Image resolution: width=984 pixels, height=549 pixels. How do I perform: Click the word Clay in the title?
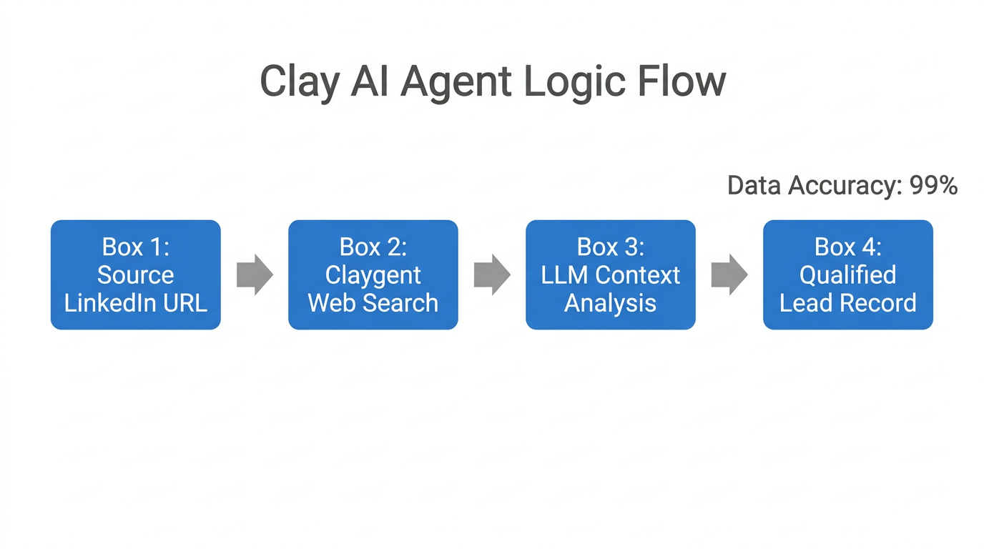coord(299,81)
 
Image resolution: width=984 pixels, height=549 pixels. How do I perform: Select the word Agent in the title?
coord(456,81)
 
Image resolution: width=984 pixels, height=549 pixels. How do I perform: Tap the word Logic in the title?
coord(574,81)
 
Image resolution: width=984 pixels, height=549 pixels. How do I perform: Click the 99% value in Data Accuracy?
coord(933,186)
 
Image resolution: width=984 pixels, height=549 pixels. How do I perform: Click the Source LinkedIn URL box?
coord(136,274)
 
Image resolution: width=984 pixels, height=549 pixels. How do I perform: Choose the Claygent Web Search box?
coord(373,274)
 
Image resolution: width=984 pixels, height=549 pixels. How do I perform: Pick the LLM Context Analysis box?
coord(610,274)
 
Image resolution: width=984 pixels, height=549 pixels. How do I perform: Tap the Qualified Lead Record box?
coord(847,274)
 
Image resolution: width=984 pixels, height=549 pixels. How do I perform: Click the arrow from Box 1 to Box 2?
coord(255,274)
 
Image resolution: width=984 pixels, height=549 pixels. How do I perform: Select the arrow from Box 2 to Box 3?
coord(492,274)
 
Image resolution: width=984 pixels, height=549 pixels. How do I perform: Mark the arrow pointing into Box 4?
coord(729,274)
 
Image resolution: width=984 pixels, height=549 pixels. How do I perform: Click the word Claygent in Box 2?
coord(373,275)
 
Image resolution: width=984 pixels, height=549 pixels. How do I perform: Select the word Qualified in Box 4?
coord(847,275)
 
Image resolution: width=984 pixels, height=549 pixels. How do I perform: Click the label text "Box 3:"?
coord(610,247)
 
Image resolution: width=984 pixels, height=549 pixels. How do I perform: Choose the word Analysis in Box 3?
coord(610,303)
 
